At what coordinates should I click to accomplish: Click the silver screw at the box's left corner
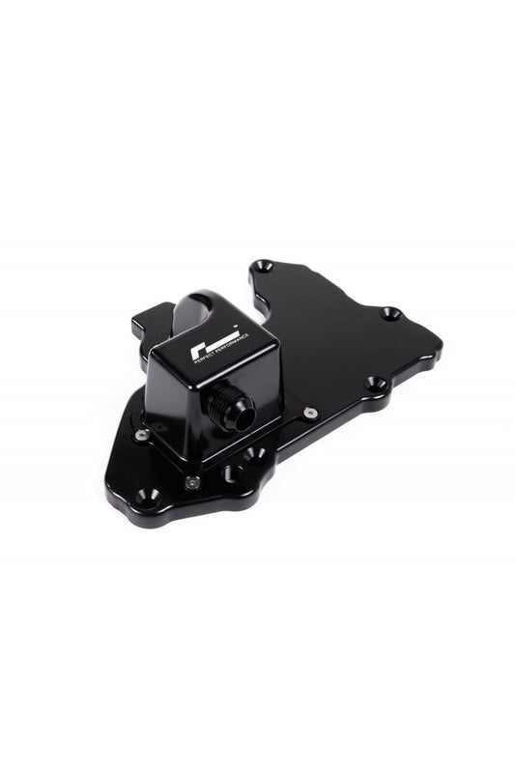click(x=142, y=434)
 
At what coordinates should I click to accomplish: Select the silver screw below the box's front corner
click(x=191, y=480)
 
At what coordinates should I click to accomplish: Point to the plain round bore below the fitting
click(x=233, y=473)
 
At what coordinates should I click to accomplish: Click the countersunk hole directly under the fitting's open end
click(x=254, y=453)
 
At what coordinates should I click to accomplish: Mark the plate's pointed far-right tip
click(x=441, y=343)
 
